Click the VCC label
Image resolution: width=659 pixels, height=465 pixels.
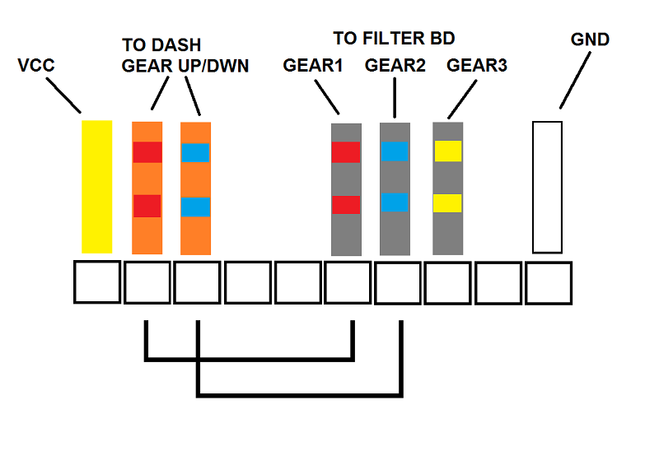pyautogui.click(x=36, y=66)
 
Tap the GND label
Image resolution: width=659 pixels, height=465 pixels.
pyautogui.click(x=590, y=40)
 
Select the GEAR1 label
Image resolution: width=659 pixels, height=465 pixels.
pyautogui.click(x=313, y=66)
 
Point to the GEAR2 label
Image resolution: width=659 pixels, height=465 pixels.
pyautogui.click(x=395, y=66)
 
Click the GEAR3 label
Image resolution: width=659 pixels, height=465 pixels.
pyautogui.click(x=477, y=66)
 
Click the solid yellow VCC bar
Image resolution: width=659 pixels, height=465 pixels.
pyautogui.click(x=96, y=187)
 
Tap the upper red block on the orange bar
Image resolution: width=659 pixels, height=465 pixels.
pyautogui.click(x=147, y=152)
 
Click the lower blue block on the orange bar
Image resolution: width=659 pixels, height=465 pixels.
pyautogui.click(x=195, y=207)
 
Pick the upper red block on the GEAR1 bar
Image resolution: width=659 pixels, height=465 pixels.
pyautogui.click(x=346, y=152)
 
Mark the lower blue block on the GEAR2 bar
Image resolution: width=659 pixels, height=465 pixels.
pyautogui.click(x=395, y=202)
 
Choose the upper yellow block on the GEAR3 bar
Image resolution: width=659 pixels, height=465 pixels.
pyautogui.click(x=448, y=151)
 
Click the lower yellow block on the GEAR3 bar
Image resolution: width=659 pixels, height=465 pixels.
pyautogui.click(x=447, y=203)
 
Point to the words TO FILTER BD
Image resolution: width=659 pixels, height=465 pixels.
pyautogui.click(x=394, y=39)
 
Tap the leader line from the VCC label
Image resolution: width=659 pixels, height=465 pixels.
pyautogui.click(x=63, y=95)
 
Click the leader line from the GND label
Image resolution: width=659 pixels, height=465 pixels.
pyautogui.click(x=575, y=80)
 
